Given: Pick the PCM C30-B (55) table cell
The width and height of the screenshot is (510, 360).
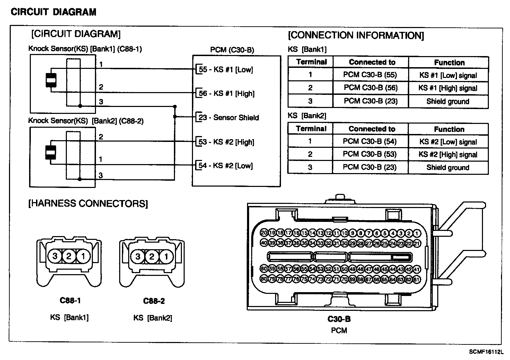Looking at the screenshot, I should (370, 75).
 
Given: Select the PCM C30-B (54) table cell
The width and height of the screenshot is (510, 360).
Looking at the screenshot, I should (370, 142).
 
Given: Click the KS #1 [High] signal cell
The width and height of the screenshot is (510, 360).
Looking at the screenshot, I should (448, 88).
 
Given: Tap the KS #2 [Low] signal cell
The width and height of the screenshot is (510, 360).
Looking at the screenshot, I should (448, 142).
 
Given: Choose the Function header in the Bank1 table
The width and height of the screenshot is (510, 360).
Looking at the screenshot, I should (449, 63).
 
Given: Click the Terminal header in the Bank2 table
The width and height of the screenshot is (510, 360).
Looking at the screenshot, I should (311, 129).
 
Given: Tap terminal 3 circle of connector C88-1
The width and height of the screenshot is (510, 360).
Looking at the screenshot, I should (55, 256).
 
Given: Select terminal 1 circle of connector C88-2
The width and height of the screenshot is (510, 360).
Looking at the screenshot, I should (166, 256).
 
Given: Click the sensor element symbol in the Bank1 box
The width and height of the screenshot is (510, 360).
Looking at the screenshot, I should (51, 80).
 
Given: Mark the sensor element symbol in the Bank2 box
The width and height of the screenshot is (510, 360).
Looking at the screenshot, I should (51, 152).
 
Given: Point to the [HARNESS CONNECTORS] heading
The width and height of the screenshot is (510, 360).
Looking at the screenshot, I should (88, 204).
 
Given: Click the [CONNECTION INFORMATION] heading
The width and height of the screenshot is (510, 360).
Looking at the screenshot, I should (356, 35).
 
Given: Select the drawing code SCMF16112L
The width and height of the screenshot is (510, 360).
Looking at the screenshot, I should (486, 352).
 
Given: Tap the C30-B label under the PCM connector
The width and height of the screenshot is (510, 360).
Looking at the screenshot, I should (339, 319).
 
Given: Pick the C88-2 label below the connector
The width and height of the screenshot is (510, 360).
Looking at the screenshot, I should (154, 301).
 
